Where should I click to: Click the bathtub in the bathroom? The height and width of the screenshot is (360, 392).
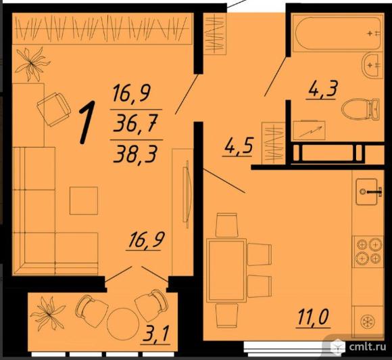click(x=337, y=33)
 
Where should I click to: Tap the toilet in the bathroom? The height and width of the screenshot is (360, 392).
click(x=360, y=109)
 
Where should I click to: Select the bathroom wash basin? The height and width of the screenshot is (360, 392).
click(x=372, y=65)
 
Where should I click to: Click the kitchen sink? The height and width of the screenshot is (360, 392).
click(x=367, y=192)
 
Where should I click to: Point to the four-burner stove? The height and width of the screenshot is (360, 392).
click(x=368, y=251)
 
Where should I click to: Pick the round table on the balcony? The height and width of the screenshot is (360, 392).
click(x=122, y=323)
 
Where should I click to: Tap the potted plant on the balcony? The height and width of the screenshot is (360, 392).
click(x=47, y=313)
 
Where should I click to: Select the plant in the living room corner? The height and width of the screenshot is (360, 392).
click(x=32, y=64)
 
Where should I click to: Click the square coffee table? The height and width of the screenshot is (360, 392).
click(x=84, y=200)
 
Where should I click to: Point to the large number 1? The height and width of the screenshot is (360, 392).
click(x=87, y=122)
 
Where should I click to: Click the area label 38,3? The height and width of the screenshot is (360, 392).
click(x=135, y=154)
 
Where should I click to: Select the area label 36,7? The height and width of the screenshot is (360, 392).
click(x=135, y=124)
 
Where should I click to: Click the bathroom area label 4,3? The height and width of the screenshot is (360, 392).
click(x=323, y=89)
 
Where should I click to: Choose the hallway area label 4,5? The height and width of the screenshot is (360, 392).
click(x=239, y=146)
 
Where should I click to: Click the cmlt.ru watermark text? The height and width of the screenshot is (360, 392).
click(x=367, y=346)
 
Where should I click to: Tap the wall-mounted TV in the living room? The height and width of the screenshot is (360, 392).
click(x=187, y=194)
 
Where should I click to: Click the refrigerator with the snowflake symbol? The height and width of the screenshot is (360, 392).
click(x=368, y=321)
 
